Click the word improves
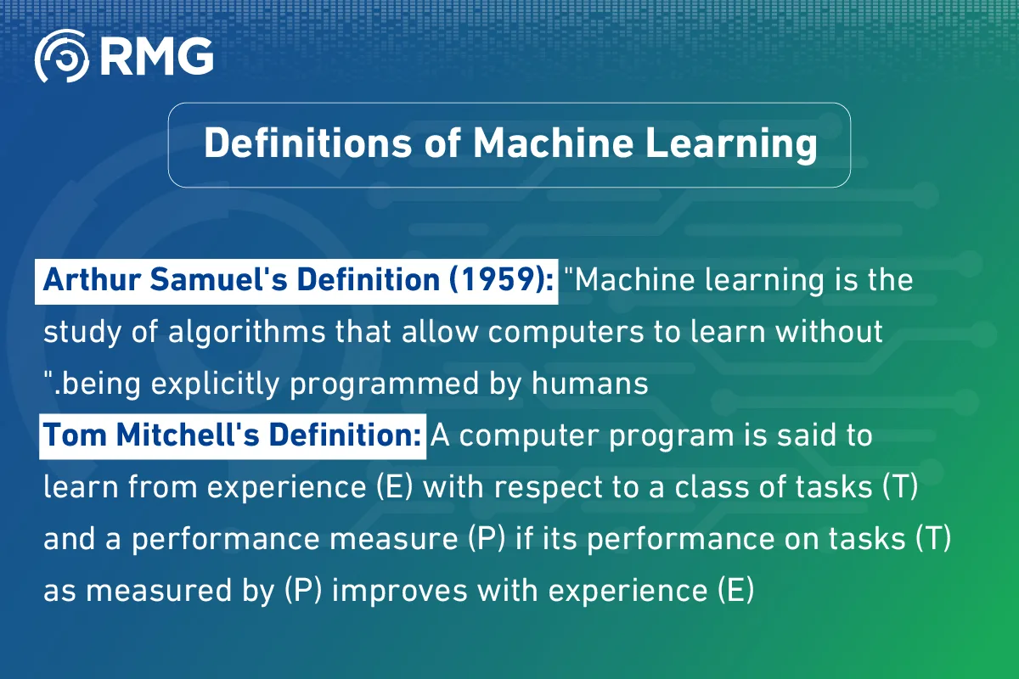pyautogui.click(x=388, y=590)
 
